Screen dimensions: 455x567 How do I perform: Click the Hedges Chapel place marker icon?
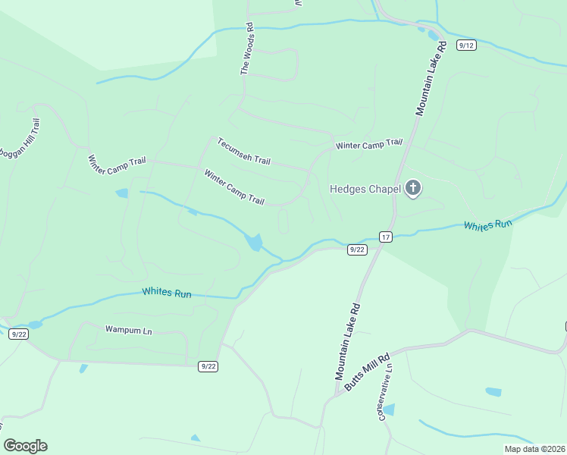(x=413, y=188)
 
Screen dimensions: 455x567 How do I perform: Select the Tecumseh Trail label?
(x=243, y=151)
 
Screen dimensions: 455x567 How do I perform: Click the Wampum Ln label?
(x=128, y=330)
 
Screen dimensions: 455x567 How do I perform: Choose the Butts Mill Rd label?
(x=367, y=372)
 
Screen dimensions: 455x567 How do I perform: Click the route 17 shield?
(x=386, y=237)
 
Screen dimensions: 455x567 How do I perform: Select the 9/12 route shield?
(x=466, y=45)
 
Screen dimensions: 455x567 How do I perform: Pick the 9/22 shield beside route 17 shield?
(x=357, y=249)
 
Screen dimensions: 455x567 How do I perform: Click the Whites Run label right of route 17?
(x=488, y=226)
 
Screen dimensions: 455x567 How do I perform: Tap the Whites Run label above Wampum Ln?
(x=166, y=293)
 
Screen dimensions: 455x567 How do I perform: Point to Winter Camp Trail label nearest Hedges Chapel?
(x=368, y=144)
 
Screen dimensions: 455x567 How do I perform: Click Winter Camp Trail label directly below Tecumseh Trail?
(x=233, y=187)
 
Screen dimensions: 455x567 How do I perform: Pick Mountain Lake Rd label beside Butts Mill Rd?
(x=349, y=342)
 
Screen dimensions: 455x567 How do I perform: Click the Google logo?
(x=25, y=446)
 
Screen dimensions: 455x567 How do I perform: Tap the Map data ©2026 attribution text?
(x=534, y=449)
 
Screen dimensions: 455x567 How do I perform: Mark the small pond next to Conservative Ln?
(x=389, y=410)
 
